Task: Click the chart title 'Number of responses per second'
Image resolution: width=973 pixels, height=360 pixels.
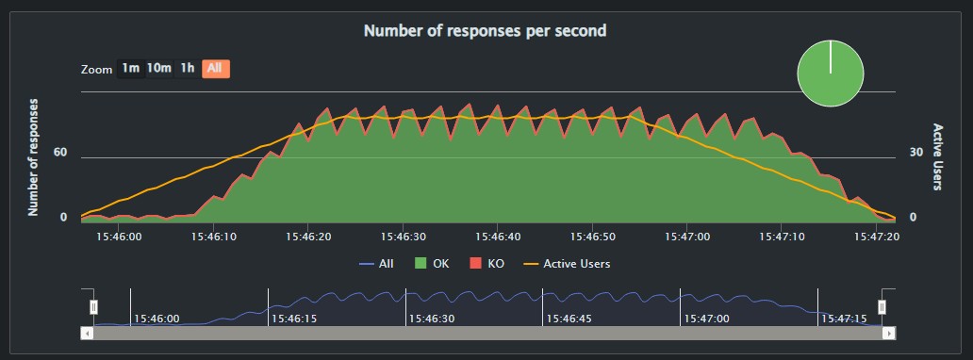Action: (x=485, y=30)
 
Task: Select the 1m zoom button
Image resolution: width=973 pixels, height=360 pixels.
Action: (x=130, y=68)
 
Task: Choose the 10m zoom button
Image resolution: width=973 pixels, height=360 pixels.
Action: (x=158, y=68)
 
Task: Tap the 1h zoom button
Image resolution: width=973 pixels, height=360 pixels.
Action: (x=188, y=68)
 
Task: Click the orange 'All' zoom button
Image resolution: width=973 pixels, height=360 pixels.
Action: (x=216, y=68)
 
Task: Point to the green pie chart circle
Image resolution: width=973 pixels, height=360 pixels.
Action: (x=830, y=73)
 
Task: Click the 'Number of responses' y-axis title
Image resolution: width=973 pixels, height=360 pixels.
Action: (x=34, y=156)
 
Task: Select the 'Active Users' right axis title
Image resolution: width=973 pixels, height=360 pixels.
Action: (x=938, y=156)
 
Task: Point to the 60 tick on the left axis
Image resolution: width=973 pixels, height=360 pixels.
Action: (x=60, y=152)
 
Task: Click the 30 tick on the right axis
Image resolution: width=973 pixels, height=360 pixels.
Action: (x=915, y=152)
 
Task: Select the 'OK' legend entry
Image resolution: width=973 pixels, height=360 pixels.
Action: (x=433, y=264)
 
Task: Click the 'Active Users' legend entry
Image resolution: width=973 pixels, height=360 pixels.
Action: (x=568, y=264)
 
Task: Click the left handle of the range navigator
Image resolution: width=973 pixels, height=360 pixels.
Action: (x=93, y=306)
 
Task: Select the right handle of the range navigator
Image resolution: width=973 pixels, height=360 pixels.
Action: (x=882, y=306)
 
